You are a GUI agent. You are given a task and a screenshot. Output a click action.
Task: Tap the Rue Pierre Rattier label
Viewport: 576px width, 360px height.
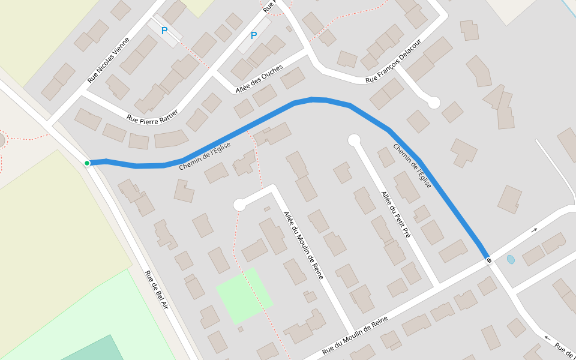[156, 112]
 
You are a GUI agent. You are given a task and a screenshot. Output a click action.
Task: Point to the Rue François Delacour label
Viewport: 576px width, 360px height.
[394, 61]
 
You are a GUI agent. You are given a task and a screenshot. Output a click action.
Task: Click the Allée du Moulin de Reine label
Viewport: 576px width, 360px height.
[304, 245]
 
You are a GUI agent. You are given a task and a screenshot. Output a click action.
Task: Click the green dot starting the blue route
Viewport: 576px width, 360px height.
[87, 163]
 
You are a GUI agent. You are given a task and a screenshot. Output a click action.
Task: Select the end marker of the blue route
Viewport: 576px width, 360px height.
[489, 260]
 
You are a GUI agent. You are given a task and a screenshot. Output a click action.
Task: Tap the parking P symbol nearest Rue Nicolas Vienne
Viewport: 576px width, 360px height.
[164, 31]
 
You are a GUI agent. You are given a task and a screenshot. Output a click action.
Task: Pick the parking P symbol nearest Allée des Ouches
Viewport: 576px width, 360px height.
[253, 36]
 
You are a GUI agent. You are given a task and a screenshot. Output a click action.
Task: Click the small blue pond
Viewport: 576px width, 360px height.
[511, 260]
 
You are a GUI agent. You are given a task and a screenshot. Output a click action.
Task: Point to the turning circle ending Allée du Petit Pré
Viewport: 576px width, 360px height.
[354, 140]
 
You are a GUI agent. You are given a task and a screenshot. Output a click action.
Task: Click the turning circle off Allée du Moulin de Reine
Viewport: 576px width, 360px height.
[239, 205]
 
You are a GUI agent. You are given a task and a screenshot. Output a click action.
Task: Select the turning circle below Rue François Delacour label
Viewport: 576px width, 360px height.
[434, 103]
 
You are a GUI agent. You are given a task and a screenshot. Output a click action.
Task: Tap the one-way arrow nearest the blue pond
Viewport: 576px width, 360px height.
[534, 229]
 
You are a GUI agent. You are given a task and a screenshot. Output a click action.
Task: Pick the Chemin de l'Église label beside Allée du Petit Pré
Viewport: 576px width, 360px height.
[412, 166]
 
